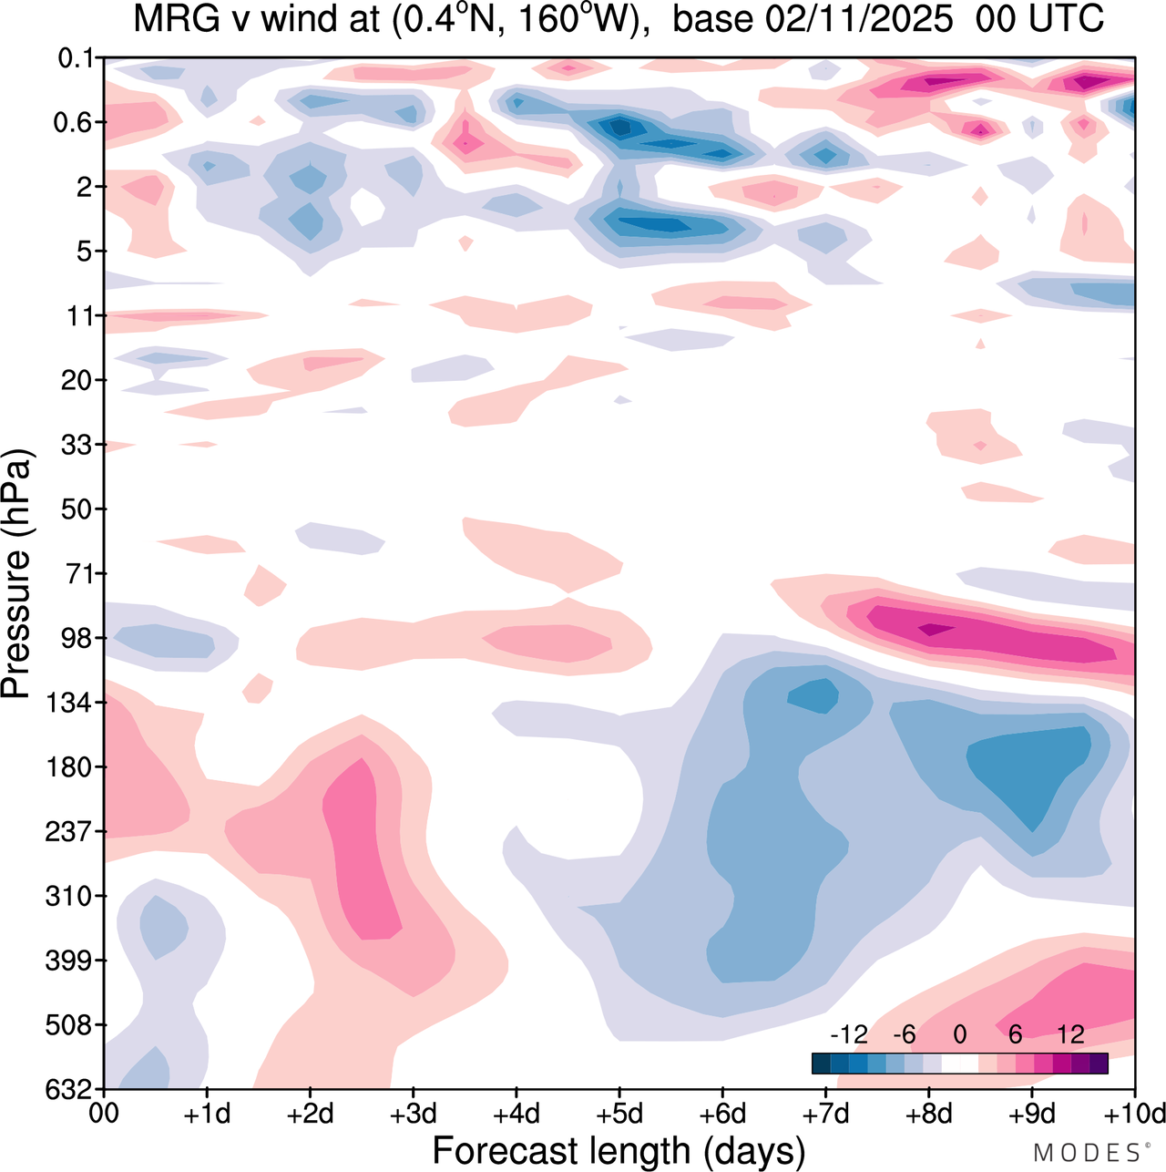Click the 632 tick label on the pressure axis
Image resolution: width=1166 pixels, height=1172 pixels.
[71, 1089]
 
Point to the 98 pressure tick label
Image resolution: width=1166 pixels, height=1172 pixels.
[77, 638]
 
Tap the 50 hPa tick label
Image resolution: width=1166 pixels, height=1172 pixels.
[77, 509]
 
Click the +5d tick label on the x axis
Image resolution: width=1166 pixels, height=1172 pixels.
[619, 1115]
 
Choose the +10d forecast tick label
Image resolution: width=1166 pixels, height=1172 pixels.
[1135, 1115]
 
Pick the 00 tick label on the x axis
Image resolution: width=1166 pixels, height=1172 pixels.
[105, 1115]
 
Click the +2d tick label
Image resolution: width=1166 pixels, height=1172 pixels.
[310, 1115]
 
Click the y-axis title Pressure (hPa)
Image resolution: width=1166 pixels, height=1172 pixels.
[16, 574]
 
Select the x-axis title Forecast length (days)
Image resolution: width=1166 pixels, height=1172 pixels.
[619, 1150]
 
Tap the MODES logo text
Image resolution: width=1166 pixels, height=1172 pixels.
[1089, 1153]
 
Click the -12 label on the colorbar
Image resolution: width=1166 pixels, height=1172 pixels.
[848, 1034]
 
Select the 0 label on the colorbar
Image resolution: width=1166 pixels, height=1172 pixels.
[960, 1034]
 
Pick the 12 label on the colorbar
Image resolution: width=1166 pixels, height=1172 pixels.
[1070, 1034]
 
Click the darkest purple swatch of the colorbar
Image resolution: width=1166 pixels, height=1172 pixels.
[1099, 1063]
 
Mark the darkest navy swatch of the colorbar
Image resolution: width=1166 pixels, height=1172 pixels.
[821, 1063]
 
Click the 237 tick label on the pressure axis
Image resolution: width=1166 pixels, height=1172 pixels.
[71, 831]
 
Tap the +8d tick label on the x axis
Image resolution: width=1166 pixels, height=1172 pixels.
[928, 1115]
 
